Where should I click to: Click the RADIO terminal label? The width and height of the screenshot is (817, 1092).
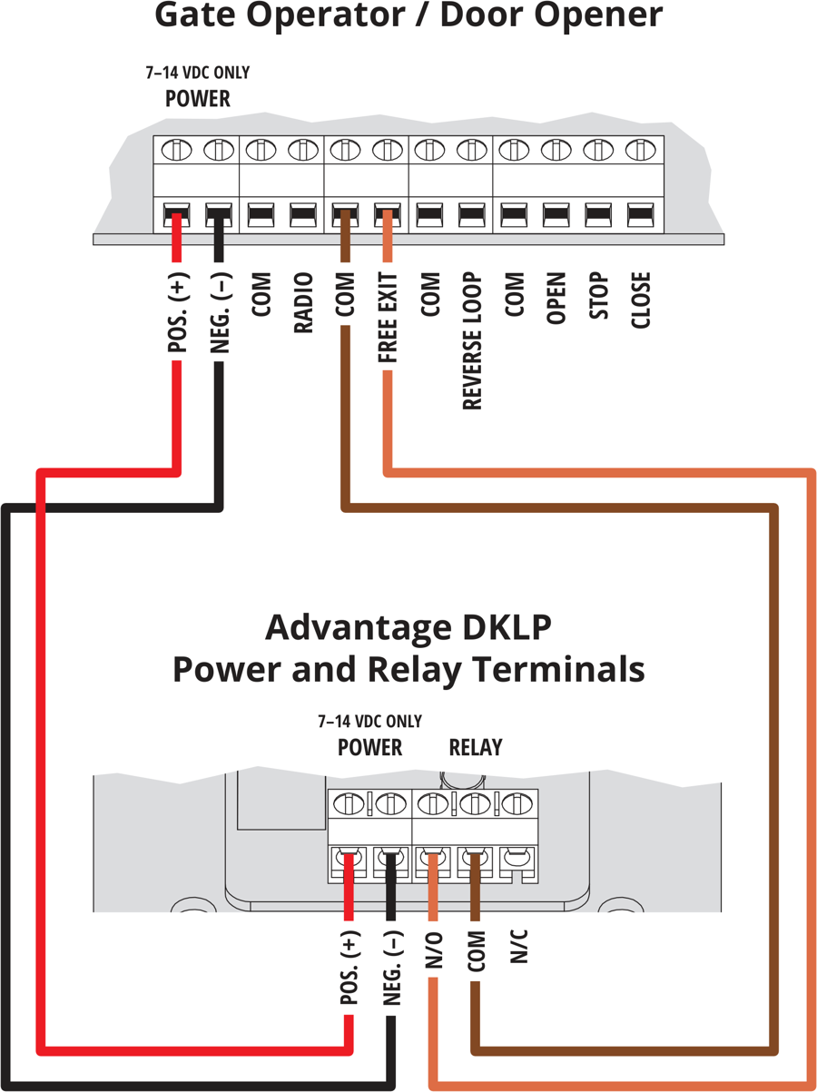(x=303, y=302)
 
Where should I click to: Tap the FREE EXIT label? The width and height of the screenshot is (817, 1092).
(x=388, y=317)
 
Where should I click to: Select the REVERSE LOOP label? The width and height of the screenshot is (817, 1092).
(x=472, y=340)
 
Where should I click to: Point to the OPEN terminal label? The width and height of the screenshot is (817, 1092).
(x=556, y=298)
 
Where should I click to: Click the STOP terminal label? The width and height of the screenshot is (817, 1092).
(x=598, y=295)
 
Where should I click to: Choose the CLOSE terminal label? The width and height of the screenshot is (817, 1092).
(x=641, y=300)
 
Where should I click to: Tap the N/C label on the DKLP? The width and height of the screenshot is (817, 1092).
(x=518, y=946)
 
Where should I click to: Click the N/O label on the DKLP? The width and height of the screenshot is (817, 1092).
(x=433, y=950)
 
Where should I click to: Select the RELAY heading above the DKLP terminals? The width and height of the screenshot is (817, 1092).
(x=476, y=747)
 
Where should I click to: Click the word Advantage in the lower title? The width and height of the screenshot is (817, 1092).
(x=359, y=628)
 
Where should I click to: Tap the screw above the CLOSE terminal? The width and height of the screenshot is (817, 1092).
(x=640, y=149)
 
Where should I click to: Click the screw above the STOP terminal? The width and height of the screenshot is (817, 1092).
(x=598, y=149)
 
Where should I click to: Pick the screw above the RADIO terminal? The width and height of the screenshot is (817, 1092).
(x=303, y=149)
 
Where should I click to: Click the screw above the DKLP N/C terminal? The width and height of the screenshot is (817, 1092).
(x=517, y=803)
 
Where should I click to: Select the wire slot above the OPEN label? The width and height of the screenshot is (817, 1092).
(x=556, y=215)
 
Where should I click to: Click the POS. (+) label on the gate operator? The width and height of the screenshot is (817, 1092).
(x=177, y=312)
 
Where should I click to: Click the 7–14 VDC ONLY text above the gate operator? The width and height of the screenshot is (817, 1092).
(x=198, y=73)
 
